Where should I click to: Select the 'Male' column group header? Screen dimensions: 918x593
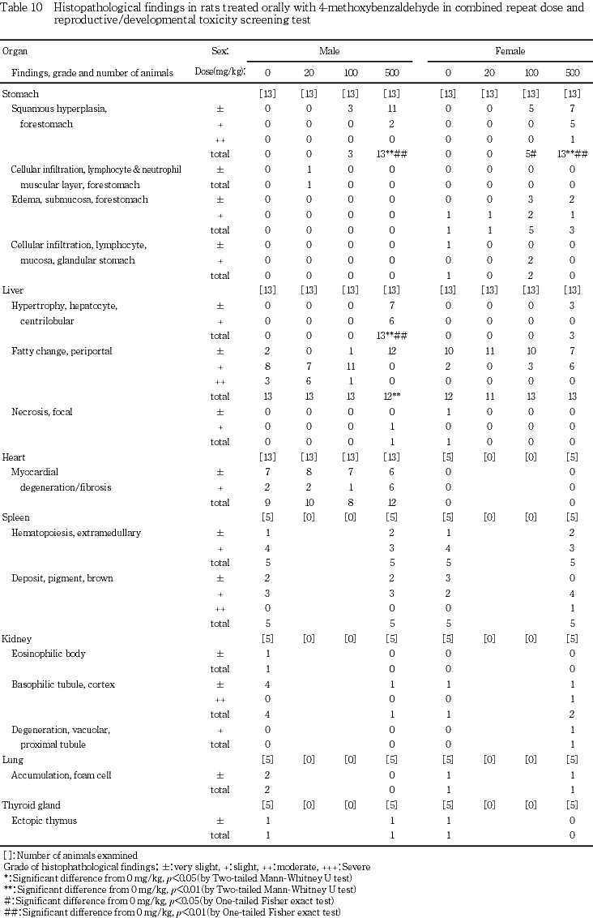point(329,51)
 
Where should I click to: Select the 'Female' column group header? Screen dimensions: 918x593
point(510,51)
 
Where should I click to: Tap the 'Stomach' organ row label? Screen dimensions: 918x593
point(20,93)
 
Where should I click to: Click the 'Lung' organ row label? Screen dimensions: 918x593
point(13,760)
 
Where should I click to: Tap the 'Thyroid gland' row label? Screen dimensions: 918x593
point(30,805)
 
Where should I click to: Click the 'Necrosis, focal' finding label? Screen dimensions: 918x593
point(41,411)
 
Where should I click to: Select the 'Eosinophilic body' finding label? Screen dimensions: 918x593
point(48,654)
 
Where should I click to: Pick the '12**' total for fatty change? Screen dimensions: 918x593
point(390,396)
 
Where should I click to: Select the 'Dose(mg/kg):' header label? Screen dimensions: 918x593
point(220,72)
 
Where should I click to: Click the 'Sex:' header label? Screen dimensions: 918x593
point(220,51)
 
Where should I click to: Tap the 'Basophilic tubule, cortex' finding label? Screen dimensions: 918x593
point(63,684)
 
